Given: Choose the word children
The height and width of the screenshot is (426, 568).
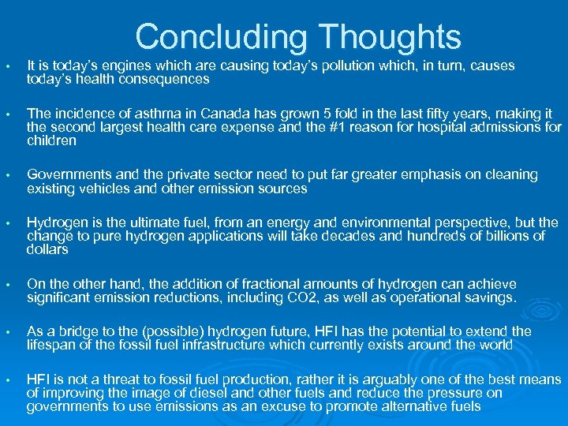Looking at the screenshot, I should point(51,140).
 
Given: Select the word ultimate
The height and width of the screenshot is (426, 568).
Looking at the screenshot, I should point(162,222).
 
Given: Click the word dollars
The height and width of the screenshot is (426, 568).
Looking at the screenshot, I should point(48,249).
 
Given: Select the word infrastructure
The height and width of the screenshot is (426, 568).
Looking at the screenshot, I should point(259,345).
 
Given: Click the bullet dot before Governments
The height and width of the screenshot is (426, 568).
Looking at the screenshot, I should point(7,175).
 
